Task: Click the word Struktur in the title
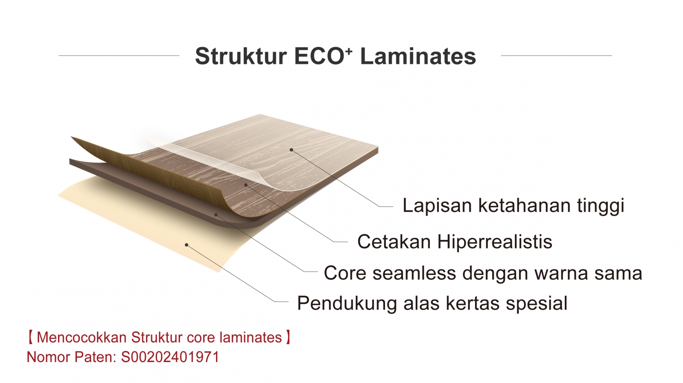241,56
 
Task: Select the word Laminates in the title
418,56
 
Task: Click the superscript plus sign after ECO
350,51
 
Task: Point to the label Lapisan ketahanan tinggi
514,206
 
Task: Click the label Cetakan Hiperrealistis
455,242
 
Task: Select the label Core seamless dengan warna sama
483,273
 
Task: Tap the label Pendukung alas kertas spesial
432,304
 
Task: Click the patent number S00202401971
170,357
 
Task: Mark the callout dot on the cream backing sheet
187,245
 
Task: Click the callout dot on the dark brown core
216,215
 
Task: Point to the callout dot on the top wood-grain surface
291,150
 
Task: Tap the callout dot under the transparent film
246,185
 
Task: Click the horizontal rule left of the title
119,56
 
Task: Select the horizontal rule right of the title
557,56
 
